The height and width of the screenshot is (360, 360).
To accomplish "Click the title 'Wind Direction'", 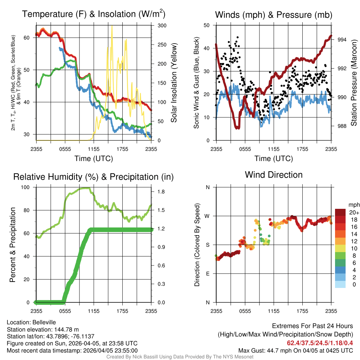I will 274,175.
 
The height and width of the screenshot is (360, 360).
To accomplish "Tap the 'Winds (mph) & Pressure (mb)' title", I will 274,15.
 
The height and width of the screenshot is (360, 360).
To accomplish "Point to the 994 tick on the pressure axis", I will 342,40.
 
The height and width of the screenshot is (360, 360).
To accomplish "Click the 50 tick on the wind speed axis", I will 207,25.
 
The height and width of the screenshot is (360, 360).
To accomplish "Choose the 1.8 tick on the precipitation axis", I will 161,192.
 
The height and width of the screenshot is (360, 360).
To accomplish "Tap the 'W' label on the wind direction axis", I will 207,216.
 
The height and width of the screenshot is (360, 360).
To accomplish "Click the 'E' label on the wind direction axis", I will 208,274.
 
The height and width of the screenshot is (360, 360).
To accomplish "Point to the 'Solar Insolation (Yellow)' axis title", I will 174,83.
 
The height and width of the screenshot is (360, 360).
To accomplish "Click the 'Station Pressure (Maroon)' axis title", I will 354,83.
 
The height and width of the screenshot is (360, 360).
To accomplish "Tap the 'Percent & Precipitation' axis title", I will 12,245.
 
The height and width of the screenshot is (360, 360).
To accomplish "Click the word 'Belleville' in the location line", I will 43,322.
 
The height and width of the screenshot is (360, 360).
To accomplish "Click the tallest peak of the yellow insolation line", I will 112,26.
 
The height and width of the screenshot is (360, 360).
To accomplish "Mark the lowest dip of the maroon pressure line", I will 238,128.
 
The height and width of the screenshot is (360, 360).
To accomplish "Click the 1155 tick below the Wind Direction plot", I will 274,311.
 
